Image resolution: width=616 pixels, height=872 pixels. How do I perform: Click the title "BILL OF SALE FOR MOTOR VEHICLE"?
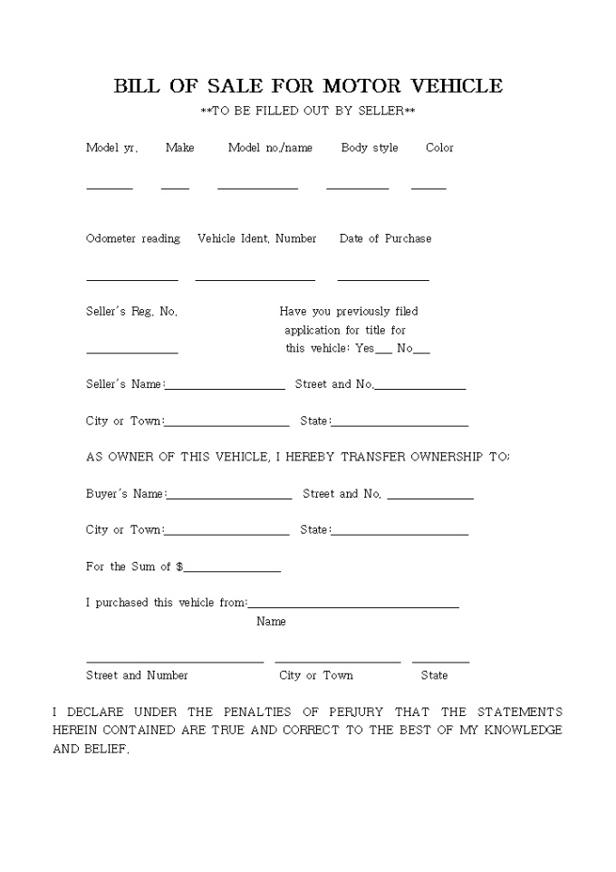(308, 86)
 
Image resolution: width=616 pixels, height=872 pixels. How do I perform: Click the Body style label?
(370, 148)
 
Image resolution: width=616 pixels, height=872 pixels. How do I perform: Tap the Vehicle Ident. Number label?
(257, 238)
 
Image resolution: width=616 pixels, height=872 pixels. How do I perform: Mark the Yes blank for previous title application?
(384, 351)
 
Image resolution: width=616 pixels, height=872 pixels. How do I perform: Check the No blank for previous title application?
(421, 351)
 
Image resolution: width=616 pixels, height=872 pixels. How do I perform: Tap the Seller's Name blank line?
(226, 387)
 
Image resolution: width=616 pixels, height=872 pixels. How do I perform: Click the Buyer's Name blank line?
(229, 497)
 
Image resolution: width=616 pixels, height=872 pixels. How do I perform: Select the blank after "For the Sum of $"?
(232, 569)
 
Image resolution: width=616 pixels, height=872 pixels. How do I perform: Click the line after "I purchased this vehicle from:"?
(353, 606)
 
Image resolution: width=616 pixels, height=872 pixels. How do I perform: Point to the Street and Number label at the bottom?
(137, 675)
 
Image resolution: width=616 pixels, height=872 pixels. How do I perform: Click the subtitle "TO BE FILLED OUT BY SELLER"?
(308, 111)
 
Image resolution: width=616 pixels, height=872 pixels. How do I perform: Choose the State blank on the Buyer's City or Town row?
(400, 533)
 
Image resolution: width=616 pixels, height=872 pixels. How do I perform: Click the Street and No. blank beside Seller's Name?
(420, 387)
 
